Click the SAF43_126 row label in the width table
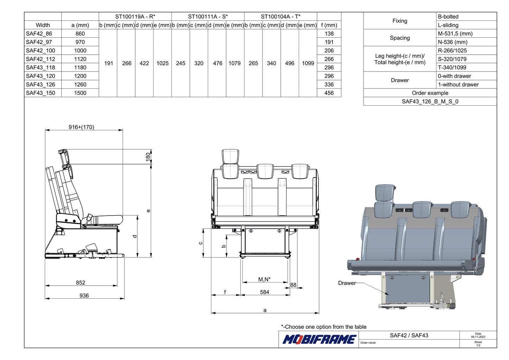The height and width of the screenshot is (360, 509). tap(40, 85)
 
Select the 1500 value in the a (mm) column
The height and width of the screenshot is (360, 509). tap(80, 93)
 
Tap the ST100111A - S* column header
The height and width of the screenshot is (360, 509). tap(208, 17)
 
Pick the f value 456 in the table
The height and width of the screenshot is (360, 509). tap(329, 93)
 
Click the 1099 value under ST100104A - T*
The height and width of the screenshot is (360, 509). tap(308, 63)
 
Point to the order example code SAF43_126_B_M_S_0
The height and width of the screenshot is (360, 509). tap(430, 101)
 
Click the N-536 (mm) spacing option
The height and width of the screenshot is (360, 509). tap(453, 42)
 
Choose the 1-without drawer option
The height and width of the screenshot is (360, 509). tap(458, 85)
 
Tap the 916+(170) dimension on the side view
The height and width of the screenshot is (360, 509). tap(81, 127)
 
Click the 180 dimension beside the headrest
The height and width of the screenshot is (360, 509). tap(148, 156)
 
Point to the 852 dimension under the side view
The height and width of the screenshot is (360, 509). tap(80, 283)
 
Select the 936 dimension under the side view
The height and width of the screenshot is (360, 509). tap(84, 296)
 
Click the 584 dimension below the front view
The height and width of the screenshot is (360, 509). tap(265, 292)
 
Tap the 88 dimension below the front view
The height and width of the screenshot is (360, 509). tap(293, 285)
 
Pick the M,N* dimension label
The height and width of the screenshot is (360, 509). tap(265, 279)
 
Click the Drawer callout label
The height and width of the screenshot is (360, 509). tap(347, 283)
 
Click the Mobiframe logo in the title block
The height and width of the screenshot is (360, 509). tap(319, 339)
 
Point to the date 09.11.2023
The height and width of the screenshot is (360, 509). tap(478, 337)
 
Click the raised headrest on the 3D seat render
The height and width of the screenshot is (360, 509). tap(385, 192)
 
